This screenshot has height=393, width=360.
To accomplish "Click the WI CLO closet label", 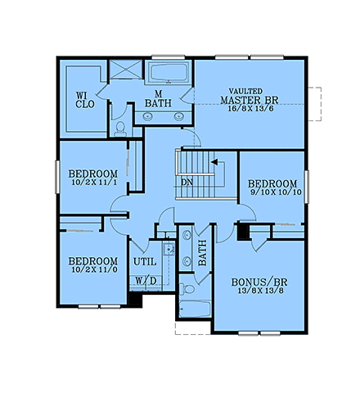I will coord(84,99).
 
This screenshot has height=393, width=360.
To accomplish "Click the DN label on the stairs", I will coord(187,181).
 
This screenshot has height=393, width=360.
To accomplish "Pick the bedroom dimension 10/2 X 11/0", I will coord(92,269).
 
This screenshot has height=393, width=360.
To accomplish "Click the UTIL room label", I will coord(145,261).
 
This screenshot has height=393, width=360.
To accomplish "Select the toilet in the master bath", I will coord(120,128).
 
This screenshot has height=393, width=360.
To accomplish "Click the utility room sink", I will coord(168,250).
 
